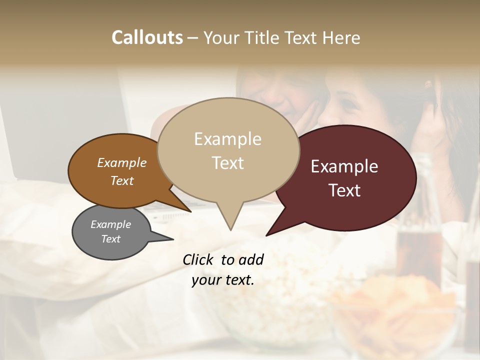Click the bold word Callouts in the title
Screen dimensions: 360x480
pyautogui.click(x=147, y=37)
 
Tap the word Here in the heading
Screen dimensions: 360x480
pyautogui.click(x=342, y=37)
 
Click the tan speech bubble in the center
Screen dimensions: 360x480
pyautogui.click(x=228, y=150)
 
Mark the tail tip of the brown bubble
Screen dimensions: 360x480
pyautogui.click(x=190, y=211)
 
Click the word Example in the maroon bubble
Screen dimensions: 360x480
pyautogui.click(x=344, y=166)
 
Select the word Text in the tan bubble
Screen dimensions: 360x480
pyautogui.click(x=228, y=163)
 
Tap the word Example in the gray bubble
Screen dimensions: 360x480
pyautogui.click(x=110, y=224)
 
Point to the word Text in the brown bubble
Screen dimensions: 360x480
pyautogui.click(x=122, y=180)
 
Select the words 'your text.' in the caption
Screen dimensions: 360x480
pyautogui.click(x=223, y=280)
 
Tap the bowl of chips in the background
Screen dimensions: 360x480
pyautogui.click(x=395, y=310)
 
